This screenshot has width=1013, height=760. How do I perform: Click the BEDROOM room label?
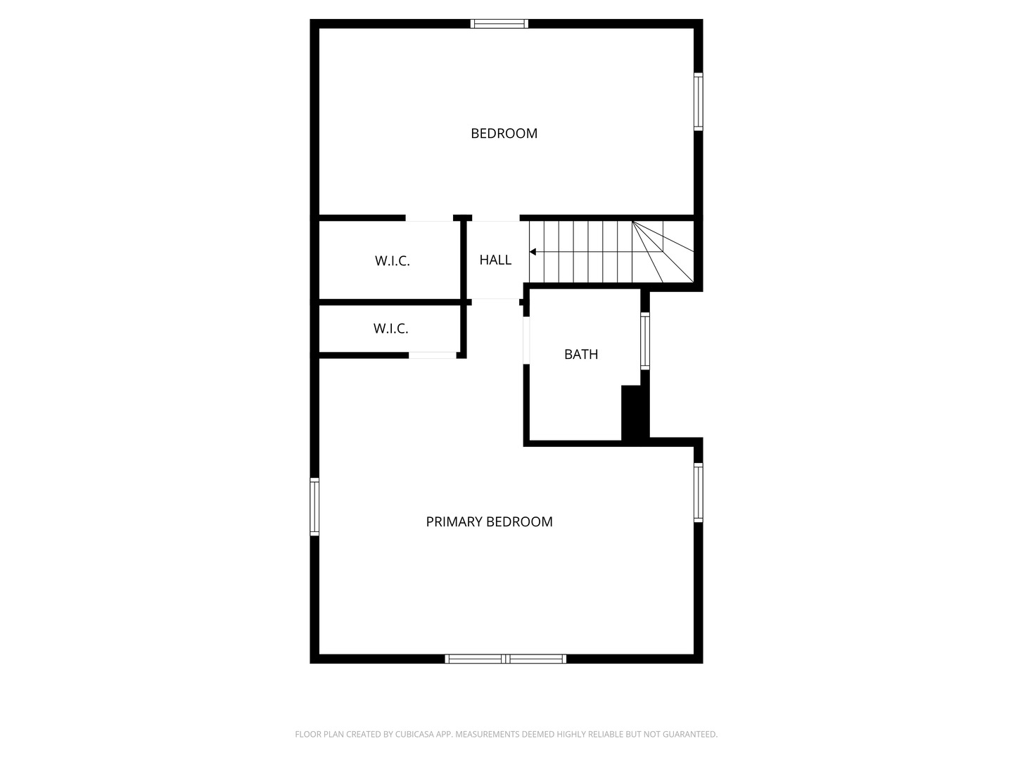[x=504, y=133]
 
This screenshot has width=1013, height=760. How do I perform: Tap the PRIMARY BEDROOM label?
[x=489, y=521]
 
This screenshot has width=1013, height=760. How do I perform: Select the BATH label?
[x=581, y=354]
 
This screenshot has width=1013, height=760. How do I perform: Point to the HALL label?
[x=495, y=260]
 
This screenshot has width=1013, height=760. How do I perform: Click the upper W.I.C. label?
[x=392, y=261]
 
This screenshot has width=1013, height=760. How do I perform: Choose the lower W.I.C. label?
[x=390, y=329]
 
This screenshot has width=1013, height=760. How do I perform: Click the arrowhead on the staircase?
[x=533, y=252]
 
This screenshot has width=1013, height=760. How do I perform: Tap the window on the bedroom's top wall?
[x=499, y=24]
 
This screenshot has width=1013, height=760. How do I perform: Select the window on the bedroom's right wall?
[x=698, y=102]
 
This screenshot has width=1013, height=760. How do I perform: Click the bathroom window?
[x=644, y=341]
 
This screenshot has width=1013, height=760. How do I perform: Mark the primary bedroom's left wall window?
[x=314, y=507]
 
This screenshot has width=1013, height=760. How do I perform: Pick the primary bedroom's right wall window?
[x=698, y=492]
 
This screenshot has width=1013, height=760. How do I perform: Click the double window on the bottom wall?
[x=506, y=659]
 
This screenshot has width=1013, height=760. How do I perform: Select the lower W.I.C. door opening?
[x=433, y=355]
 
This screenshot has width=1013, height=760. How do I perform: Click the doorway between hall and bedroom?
[x=496, y=219]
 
